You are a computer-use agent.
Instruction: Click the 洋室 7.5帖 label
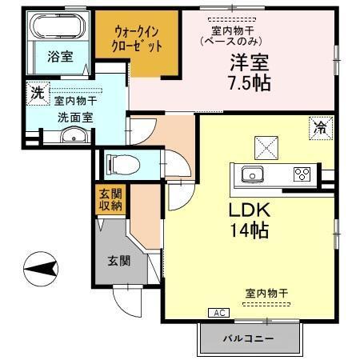[x=250, y=71]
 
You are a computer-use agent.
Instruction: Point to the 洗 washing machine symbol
[x=37, y=93]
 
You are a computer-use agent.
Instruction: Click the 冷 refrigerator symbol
[x=318, y=126]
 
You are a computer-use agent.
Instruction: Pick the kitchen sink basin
[x=250, y=174]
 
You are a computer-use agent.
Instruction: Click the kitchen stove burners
[x=301, y=174]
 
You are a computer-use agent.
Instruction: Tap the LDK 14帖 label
[x=247, y=219]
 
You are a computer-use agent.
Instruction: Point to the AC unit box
[x=218, y=312]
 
